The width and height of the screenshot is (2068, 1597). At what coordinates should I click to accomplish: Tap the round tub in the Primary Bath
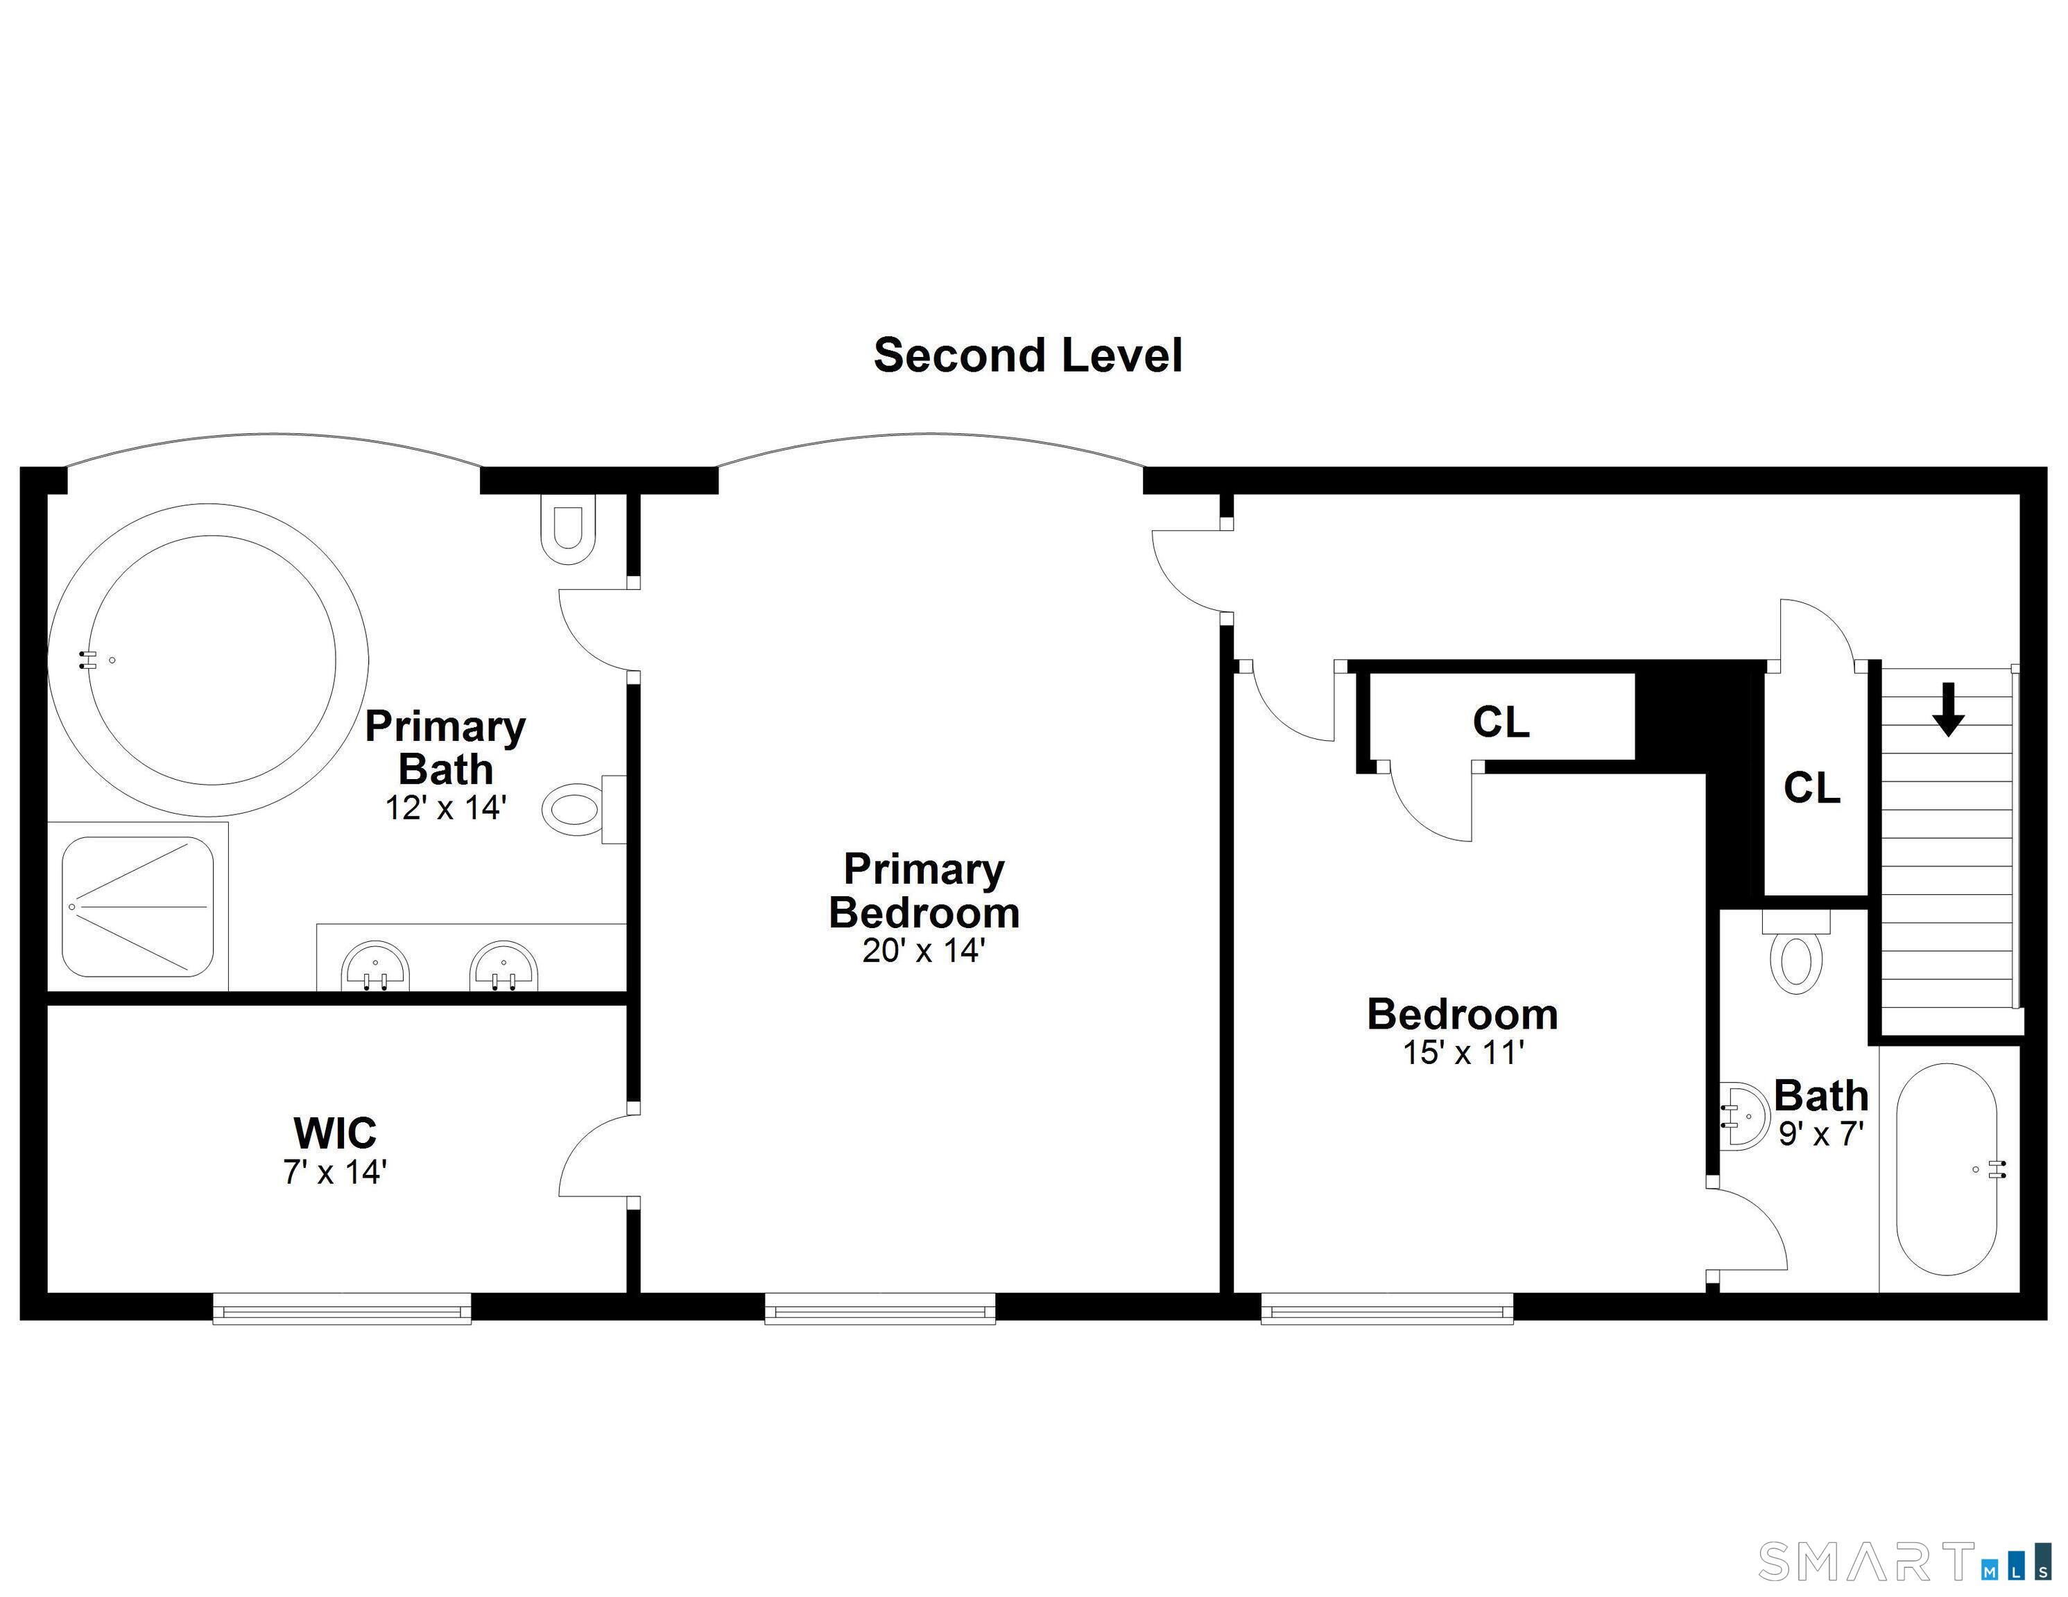click(208, 660)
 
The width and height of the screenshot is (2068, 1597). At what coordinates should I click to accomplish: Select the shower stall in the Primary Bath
click(138, 907)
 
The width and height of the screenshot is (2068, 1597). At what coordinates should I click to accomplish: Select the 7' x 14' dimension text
click(335, 1172)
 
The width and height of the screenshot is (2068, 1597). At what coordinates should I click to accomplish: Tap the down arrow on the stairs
click(1948, 709)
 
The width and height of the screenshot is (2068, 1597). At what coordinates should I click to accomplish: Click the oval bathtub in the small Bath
click(1947, 1169)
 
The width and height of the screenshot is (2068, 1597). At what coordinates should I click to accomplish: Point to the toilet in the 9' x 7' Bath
click(1796, 952)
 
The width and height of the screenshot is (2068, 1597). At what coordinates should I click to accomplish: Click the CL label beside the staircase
click(1812, 787)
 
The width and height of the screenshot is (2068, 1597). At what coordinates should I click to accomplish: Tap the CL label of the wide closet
click(1501, 722)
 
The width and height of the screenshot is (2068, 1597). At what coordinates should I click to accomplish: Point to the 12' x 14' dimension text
click(445, 808)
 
